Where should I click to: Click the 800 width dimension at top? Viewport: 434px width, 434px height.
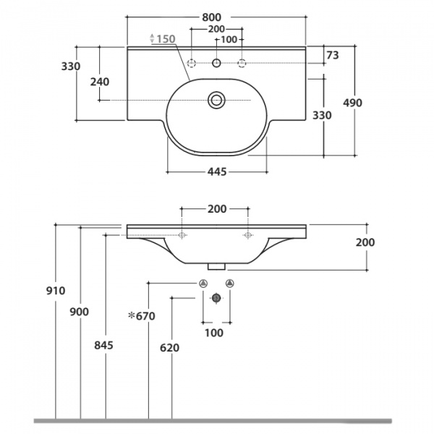pos(212,17)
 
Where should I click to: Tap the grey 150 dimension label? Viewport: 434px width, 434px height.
pos(166,39)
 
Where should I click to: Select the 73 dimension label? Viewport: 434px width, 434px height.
pos(333,56)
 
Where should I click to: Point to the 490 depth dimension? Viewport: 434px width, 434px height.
pos(352,103)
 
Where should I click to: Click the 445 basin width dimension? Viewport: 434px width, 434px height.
pos(217,172)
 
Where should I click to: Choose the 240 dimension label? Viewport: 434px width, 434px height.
pos(100,82)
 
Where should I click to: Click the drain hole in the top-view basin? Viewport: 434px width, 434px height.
pos(216,100)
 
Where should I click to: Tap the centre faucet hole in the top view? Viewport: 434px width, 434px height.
pos(216,63)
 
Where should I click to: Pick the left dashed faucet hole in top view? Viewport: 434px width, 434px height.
pos(191,63)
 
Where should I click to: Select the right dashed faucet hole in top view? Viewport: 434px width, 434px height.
pos(242,63)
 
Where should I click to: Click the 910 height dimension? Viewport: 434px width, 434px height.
pos(56,291)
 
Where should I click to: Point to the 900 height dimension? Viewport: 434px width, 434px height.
pos(79,312)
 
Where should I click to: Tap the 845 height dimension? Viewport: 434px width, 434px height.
pos(103,346)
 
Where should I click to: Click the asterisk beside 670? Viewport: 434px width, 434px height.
pos(131,315)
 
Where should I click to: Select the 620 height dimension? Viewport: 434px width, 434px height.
pos(170,348)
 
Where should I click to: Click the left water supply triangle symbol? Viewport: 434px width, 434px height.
pos(203,284)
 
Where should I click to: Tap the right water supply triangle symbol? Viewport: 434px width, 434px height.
pos(230,284)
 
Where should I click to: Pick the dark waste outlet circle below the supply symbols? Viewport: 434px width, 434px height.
pos(216,298)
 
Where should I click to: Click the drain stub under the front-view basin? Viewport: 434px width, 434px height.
pos(216,266)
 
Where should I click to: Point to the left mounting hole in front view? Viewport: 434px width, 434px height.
pos(182,235)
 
